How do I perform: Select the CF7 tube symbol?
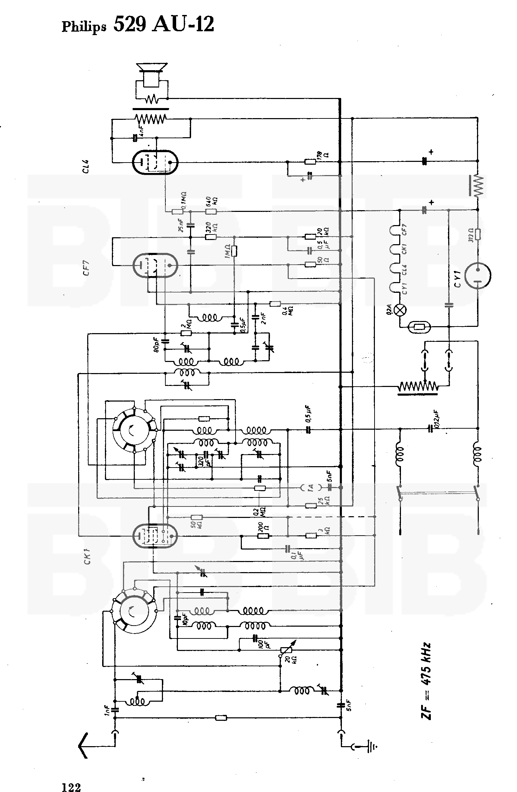click(x=155, y=265)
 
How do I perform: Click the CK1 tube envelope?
click(x=155, y=536)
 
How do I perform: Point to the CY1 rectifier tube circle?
click(x=478, y=275)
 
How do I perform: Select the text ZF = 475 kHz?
click(x=426, y=682)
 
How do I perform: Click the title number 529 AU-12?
click(x=164, y=25)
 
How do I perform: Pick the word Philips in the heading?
click(x=84, y=27)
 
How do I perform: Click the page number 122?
click(x=71, y=777)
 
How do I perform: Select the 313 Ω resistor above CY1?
click(x=478, y=235)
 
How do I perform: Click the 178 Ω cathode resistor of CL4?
click(x=310, y=162)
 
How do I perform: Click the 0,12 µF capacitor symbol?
click(x=431, y=429)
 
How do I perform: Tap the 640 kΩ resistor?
click(x=211, y=212)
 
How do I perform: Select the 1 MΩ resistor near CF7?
click(x=234, y=251)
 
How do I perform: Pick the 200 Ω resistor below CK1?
click(x=263, y=536)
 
